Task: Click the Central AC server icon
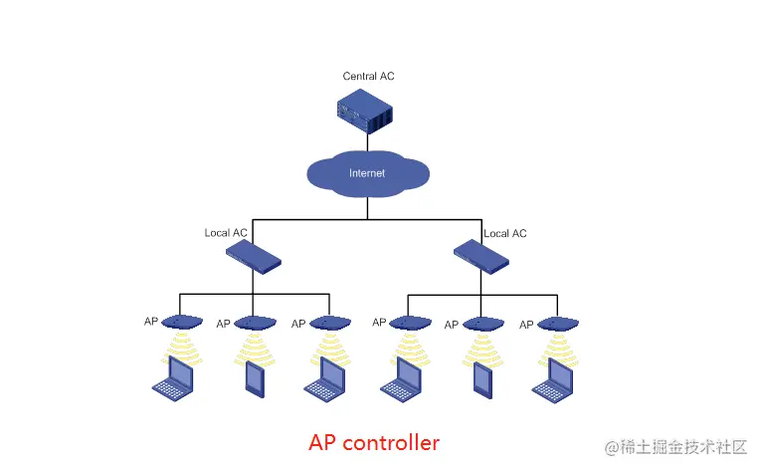[x=365, y=110]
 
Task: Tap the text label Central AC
[x=368, y=76]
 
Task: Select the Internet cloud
[x=367, y=173]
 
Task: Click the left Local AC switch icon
[x=254, y=258]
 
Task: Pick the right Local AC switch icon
[x=480, y=258]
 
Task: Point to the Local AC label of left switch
[x=226, y=233]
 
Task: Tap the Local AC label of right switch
[x=504, y=233]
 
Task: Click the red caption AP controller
[x=374, y=441]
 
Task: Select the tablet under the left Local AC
[x=254, y=377]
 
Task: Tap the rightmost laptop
[x=554, y=380]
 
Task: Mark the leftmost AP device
[x=181, y=322]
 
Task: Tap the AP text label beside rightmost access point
[x=527, y=323]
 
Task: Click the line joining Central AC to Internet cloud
[x=367, y=143]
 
